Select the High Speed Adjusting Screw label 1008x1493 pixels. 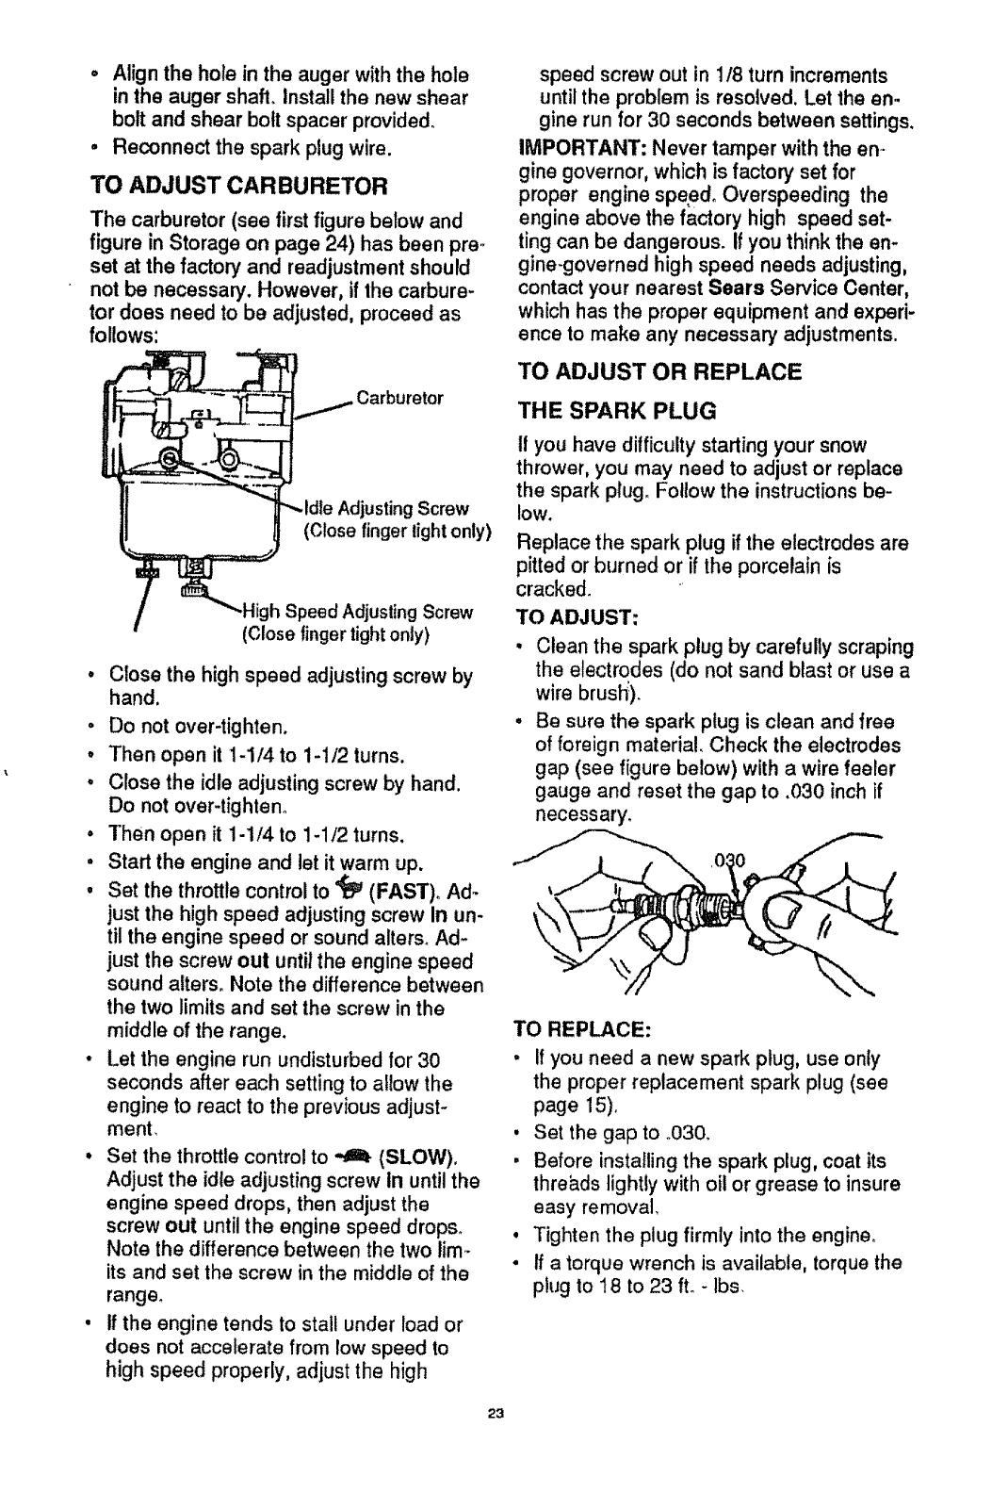click(357, 613)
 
